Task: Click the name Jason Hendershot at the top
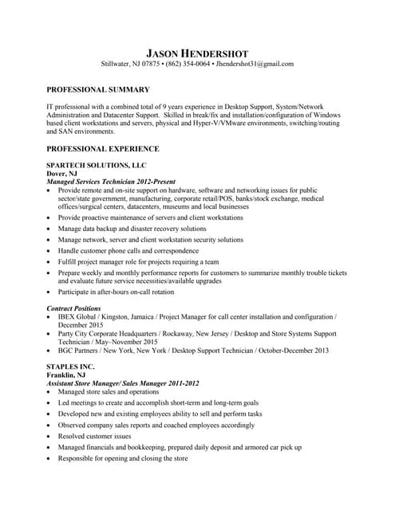197,50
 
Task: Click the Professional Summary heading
98,90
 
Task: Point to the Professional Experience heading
103,149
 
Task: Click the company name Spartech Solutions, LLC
97,164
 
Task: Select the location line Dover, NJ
62,173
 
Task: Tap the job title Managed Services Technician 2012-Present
112,182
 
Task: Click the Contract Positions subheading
74,308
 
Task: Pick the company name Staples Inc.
70,367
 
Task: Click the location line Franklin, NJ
67,375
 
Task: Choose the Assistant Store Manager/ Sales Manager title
123,383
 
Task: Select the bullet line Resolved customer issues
95,437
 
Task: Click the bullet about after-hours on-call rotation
117,292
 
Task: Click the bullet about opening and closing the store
123,459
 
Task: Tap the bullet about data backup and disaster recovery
132,228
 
